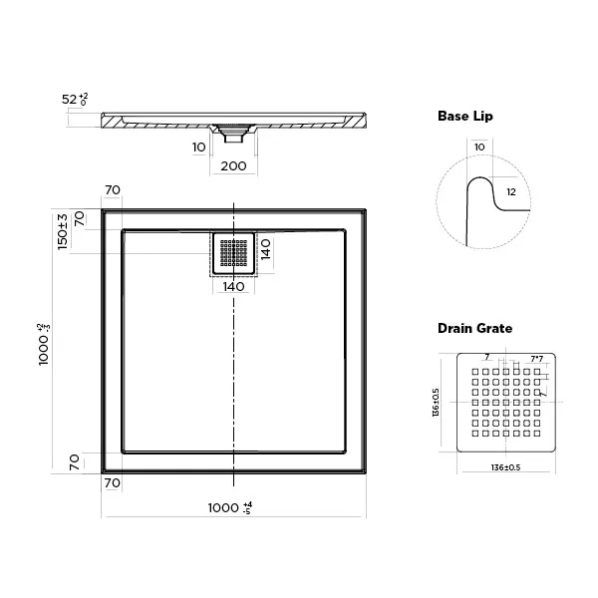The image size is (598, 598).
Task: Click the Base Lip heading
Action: click(x=464, y=117)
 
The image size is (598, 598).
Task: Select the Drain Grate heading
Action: click(x=474, y=328)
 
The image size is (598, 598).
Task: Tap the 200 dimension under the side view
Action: click(x=232, y=165)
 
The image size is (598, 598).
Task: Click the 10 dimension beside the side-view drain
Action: click(x=198, y=147)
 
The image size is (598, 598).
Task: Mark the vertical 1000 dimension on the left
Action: click(x=44, y=345)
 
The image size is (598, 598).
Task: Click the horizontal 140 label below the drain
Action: click(x=232, y=287)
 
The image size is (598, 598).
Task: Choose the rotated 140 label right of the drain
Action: click(x=265, y=249)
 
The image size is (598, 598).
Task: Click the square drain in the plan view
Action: click(x=233, y=253)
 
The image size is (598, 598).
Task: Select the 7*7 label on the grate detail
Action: click(x=536, y=359)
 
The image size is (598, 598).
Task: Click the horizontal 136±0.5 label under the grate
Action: click(x=504, y=467)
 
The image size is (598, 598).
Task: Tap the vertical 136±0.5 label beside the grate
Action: click(x=438, y=403)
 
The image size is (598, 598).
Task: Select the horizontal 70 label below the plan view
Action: click(x=112, y=482)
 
